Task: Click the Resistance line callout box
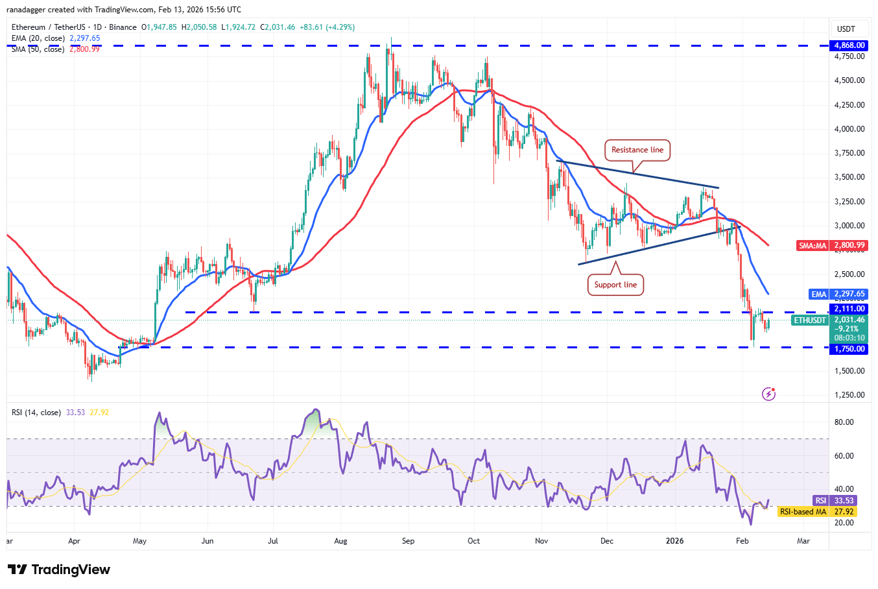pyautogui.click(x=637, y=150)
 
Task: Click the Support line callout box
pyautogui.click(x=615, y=285)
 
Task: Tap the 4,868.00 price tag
pyautogui.click(x=849, y=45)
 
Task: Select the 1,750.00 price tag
pyautogui.click(x=849, y=349)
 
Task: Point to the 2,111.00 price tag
pyautogui.click(x=849, y=309)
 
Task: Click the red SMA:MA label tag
pyautogui.click(x=813, y=246)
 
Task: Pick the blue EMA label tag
pyautogui.click(x=819, y=294)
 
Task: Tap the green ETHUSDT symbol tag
pyautogui.click(x=811, y=320)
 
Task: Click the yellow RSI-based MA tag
pyautogui.click(x=803, y=512)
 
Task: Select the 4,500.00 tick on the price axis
pyautogui.click(x=849, y=80)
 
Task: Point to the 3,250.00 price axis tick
pyautogui.click(x=849, y=202)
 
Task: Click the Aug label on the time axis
pyautogui.click(x=340, y=541)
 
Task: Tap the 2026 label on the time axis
pyautogui.click(x=675, y=541)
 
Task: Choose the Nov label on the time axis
pyautogui.click(x=541, y=541)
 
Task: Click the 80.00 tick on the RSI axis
pyautogui.click(x=844, y=422)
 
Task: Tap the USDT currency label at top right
pyautogui.click(x=846, y=29)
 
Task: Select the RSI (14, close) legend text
pyautogui.click(x=36, y=413)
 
